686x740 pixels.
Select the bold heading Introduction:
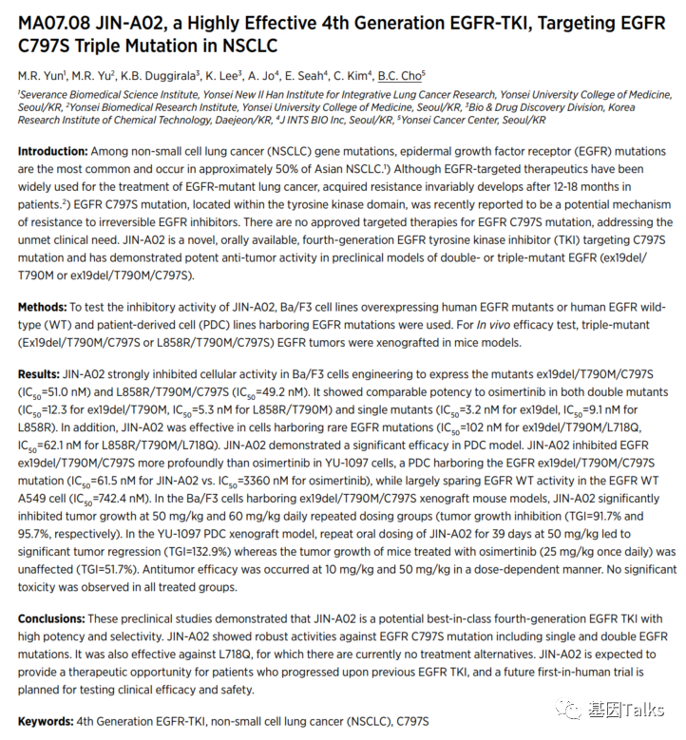coord(52,152)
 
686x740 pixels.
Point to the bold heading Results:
coord(39,375)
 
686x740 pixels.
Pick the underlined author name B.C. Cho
coord(401,74)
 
